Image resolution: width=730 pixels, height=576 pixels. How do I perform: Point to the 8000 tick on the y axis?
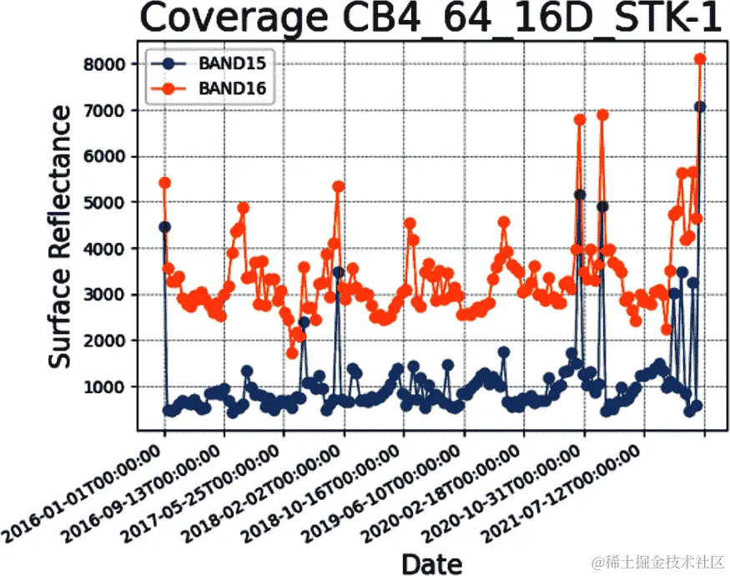coord(110,64)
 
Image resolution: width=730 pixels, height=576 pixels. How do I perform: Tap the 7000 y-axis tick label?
coord(110,110)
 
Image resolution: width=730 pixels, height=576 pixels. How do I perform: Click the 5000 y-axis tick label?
coord(110,203)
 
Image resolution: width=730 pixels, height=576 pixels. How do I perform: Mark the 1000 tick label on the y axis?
coord(110,387)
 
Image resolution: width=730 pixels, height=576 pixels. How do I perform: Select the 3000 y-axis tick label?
coord(110,295)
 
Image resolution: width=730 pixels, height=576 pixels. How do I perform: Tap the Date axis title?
coord(430,563)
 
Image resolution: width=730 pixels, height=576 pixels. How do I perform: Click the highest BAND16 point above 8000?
coord(700,58)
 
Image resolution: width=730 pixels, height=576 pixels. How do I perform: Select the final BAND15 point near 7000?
coord(700,107)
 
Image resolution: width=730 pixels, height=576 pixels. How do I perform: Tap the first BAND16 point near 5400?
coord(164,183)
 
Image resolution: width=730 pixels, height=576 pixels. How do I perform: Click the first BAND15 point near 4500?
coord(164,226)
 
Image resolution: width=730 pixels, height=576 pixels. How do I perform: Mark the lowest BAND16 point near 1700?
coord(292,353)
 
